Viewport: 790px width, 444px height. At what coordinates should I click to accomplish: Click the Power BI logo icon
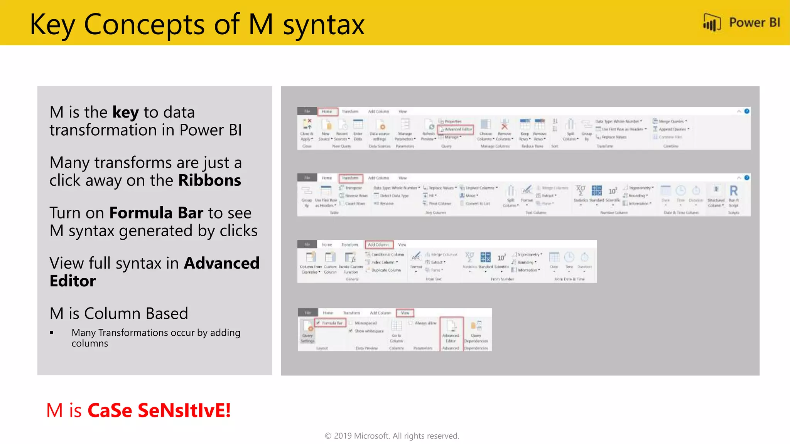(x=712, y=22)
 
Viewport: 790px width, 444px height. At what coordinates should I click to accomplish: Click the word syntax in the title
(x=324, y=25)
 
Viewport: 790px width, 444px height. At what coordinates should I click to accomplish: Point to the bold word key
(x=125, y=113)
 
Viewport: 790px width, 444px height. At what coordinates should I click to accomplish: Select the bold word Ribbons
(x=209, y=180)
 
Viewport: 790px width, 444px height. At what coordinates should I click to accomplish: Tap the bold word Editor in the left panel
(x=73, y=281)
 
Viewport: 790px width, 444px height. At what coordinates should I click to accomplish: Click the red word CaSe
(x=110, y=410)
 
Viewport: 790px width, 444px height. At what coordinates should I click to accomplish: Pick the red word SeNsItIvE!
(x=184, y=410)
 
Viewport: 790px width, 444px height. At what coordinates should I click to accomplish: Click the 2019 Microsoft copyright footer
(x=392, y=436)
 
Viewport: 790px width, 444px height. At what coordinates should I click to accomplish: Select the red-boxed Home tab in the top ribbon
(x=327, y=111)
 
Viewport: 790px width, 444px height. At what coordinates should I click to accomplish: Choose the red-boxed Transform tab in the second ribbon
(x=350, y=178)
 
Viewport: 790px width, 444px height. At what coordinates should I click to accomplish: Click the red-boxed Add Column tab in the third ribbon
(x=378, y=245)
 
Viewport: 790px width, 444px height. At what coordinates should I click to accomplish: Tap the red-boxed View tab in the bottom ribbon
(x=405, y=313)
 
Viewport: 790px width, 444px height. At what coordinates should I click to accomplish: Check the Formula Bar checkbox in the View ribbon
(x=318, y=323)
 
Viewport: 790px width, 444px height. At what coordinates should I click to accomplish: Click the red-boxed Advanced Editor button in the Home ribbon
(x=456, y=129)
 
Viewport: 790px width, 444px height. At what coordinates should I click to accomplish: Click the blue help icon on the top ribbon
(x=747, y=111)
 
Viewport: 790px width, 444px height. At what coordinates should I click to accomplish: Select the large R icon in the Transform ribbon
(x=733, y=191)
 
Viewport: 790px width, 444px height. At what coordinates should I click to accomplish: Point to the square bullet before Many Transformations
(x=52, y=333)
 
